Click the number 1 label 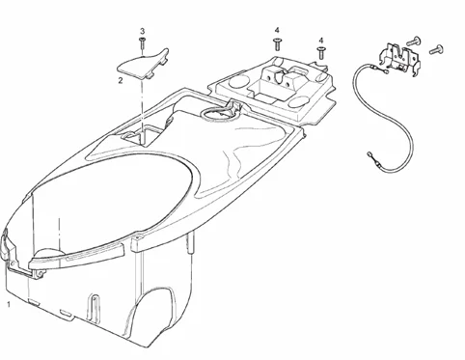pyautogui.click(x=9, y=304)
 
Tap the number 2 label pyautogui.click(x=121, y=80)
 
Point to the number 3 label pyautogui.click(x=142, y=31)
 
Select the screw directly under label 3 pyautogui.click(x=142, y=43)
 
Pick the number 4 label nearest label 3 pyautogui.click(x=277, y=30)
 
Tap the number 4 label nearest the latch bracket pyautogui.click(x=321, y=41)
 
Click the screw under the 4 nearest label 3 pyautogui.click(x=277, y=44)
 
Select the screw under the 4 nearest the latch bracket pyautogui.click(x=321, y=53)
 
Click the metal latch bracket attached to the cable pyautogui.click(x=399, y=57)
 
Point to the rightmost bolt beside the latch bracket pyautogui.click(x=436, y=50)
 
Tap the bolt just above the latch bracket pyautogui.click(x=414, y=42)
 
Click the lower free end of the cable pyautogui.click(x=369, y=155)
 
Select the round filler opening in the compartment pyautogui.click(x=219, y=114)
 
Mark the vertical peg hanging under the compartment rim pyautogui.click(x=190, y=243)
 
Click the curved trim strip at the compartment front pyautogui.click(x=76, y=256)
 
